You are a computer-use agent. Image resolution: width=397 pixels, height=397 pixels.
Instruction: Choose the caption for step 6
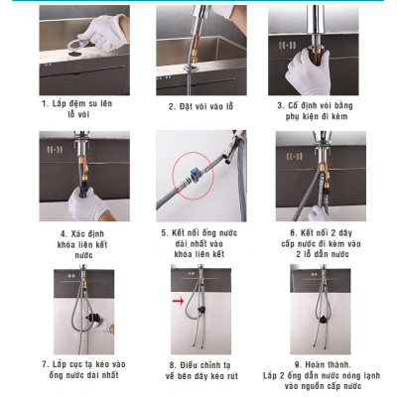point(314,243)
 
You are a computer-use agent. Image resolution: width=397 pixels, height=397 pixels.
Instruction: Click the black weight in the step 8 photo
point(198,317)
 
